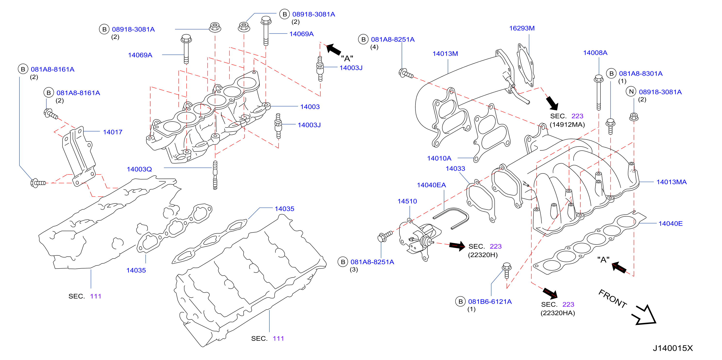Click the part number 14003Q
(139, 169)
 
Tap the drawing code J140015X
(673, 348)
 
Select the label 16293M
(522, 28)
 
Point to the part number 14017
(113, 132)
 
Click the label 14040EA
(431, 185)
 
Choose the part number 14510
(407, 201)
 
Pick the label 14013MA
(672, 182)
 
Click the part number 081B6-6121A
(490, 302)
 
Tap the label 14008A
(595, 53)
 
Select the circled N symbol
(631, 92)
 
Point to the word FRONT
(613, 299)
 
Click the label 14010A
(439, 158)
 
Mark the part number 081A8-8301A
(641, 74)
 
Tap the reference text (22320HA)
(558, 313)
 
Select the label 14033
(456, 169)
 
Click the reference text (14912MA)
(567, 125)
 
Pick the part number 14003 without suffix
(310, 107)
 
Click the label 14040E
(670, 224)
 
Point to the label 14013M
(445, 54)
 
